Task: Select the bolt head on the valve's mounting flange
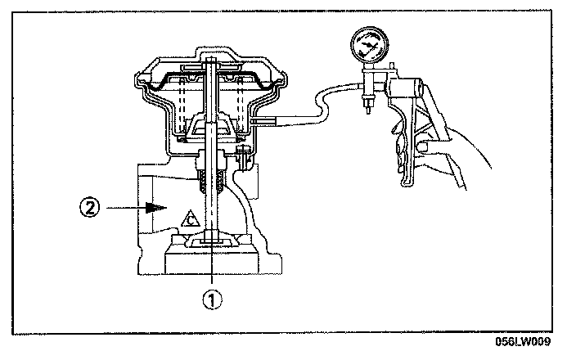point(243,153)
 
